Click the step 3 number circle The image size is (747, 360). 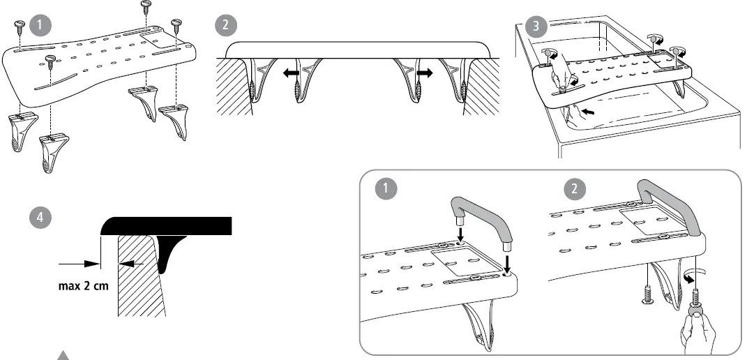pyautogui.click(x=535, y=27)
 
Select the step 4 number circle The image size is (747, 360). pyautogui.click(x=42, y=217)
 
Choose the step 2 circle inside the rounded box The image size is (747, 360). pyautogui.click(x=575, y=188)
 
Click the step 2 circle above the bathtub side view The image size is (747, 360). pyautogui.click(x=227, y=24)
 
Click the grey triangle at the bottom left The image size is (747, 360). pyautogui.click(x=63, y=355)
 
